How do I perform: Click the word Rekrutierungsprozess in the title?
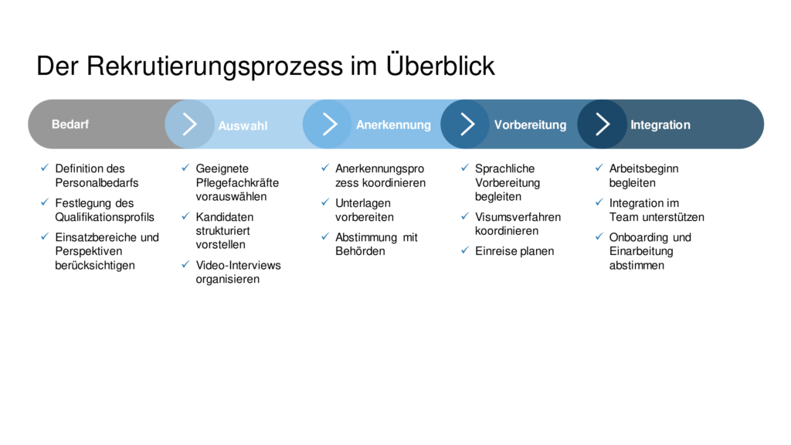[x=215, y=67]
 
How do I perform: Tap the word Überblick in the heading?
[x=440, y=65]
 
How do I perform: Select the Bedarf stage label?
[x=70, y=124]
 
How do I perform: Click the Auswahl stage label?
[x=243, y=126]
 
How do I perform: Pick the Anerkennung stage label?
[x=393, y=124]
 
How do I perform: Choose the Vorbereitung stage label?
[x=530, y=124]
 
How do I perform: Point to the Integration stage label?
[x=660, y=124]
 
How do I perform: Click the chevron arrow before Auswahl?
[x=190, y=124]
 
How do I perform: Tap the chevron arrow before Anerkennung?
[x=329, y=124]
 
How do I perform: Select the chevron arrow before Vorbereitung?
[x=467, y=124]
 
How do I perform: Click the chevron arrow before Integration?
[x=603, y=124]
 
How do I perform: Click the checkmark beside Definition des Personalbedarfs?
[x=45, y=168]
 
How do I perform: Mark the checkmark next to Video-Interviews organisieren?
[x=185, y=264]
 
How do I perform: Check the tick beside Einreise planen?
[x=464, y=250]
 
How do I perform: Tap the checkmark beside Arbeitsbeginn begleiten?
[x=599, y=168]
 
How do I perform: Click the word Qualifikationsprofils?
[x=104, y=217]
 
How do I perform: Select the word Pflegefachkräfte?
[x=237, y=182]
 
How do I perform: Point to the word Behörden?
[x=360, y=251]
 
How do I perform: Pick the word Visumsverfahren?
[x=518, y=217]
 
